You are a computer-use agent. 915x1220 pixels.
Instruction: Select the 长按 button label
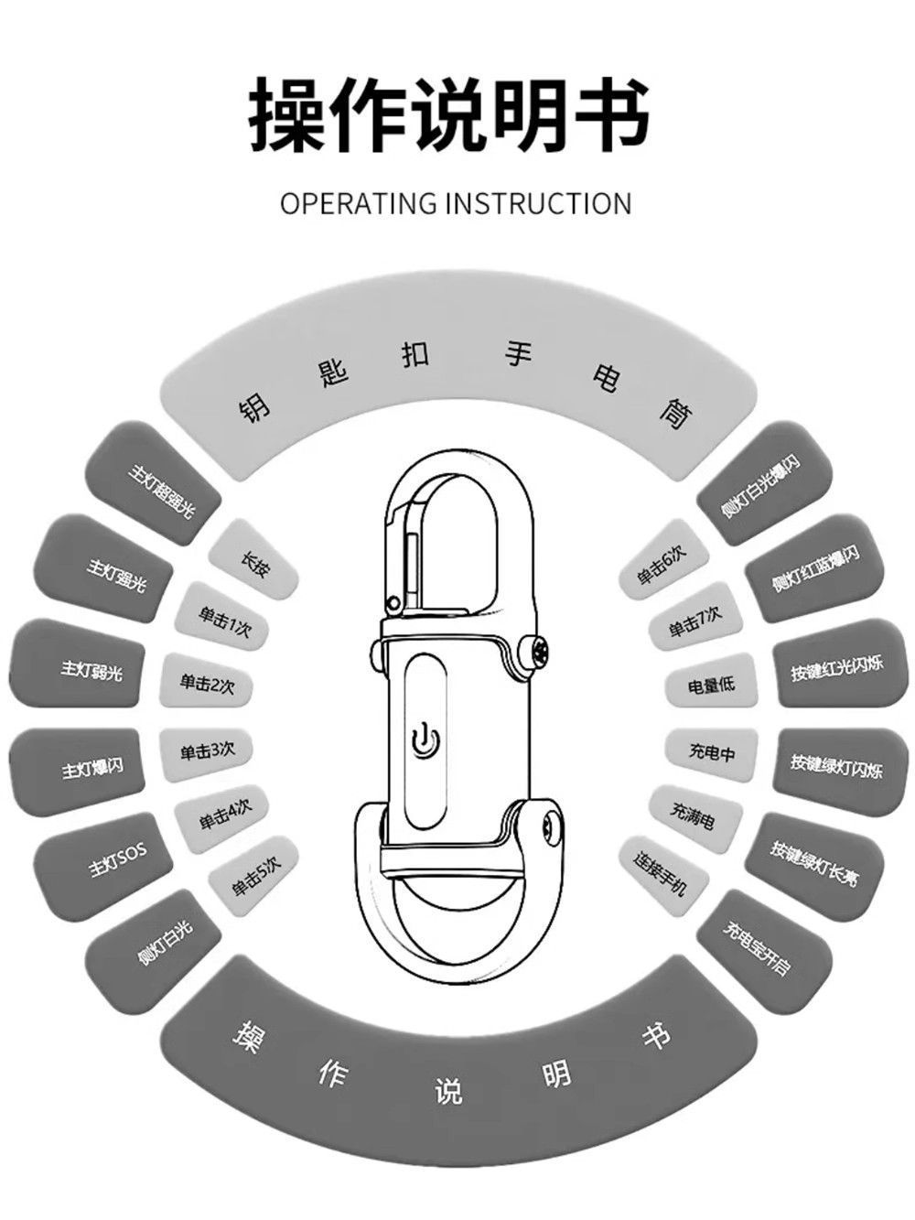(253, 563)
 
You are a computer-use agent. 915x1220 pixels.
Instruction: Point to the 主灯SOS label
(117, 861)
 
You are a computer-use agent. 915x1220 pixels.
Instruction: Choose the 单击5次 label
(255, 879)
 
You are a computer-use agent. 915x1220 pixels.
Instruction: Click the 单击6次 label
(661, 564)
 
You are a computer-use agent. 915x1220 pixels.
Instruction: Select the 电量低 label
(711, 684)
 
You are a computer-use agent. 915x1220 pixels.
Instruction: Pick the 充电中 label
(711, 752)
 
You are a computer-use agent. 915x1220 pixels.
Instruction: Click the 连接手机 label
(659, 872)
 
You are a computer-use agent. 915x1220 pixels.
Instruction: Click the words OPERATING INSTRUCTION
(456, 203)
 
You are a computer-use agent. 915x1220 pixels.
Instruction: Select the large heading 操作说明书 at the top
(450, 114)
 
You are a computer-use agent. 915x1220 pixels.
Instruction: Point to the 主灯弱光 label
(91, 671)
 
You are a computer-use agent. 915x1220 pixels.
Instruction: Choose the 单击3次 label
(207, 751)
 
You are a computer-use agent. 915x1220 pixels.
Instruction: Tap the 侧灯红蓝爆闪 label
(815, 568)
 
